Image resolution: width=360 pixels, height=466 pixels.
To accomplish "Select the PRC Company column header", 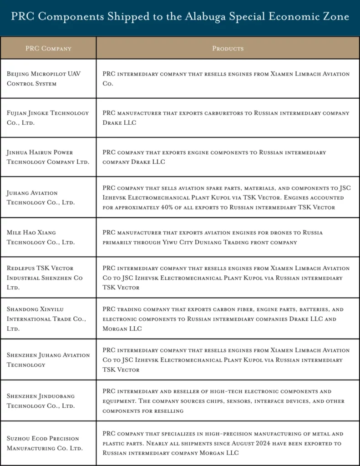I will click(x=48, y=48).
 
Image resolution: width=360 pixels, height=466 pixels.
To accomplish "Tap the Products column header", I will click(x=228, y=48).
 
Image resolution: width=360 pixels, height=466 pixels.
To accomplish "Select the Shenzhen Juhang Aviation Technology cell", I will click(x=48, y=360).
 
